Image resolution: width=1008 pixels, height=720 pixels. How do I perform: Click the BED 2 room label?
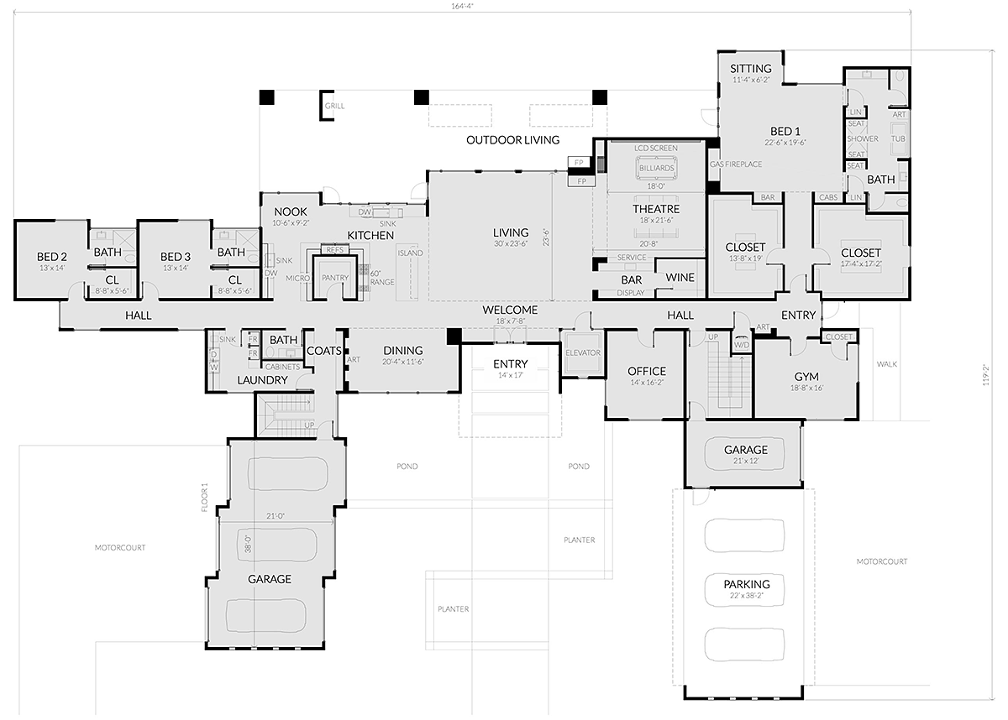point(51,256)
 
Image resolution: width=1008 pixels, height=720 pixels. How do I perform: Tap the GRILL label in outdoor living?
point(335,107)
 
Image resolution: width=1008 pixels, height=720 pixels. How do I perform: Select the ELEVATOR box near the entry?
point(583,352)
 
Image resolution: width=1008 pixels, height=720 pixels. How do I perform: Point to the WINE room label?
point(679,278)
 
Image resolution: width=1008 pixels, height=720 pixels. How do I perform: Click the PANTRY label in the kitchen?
point(334,278)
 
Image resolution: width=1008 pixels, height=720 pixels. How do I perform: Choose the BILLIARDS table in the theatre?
point(656,169)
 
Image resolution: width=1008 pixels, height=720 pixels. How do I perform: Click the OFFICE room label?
point(646,371)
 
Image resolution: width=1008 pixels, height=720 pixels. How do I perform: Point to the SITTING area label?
point(750,69)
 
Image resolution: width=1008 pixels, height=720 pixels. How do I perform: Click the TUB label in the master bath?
point(898,139)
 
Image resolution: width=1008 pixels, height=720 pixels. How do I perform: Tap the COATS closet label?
point(323,351)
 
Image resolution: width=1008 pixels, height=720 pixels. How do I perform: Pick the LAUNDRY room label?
point(262,380)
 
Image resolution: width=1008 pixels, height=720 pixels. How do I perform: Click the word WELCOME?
point(510,310)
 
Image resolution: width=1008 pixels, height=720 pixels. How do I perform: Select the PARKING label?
point(747,584)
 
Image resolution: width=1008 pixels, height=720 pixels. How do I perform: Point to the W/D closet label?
point(742,344)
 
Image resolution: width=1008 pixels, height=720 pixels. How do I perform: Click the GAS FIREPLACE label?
point(736,164)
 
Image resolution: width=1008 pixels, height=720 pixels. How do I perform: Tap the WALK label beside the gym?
point(887,364)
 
